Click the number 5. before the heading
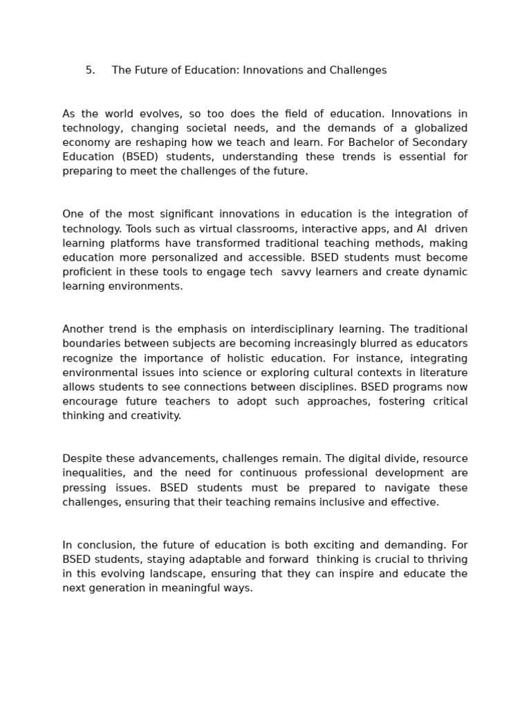(x=91, y=71)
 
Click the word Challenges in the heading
(x=356, y=71)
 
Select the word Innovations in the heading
(x=272, y=71)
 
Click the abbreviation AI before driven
(x=422, y=229)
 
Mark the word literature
(x=440, y=373)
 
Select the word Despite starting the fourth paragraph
(x=82, y=458)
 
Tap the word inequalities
(x=93, y=473)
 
